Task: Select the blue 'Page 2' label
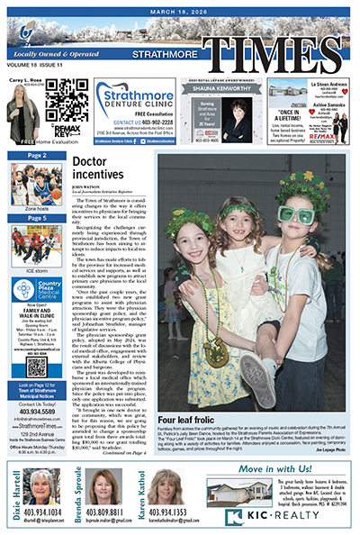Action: [x=36, y=156]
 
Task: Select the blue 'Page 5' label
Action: [x=36, y=217]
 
